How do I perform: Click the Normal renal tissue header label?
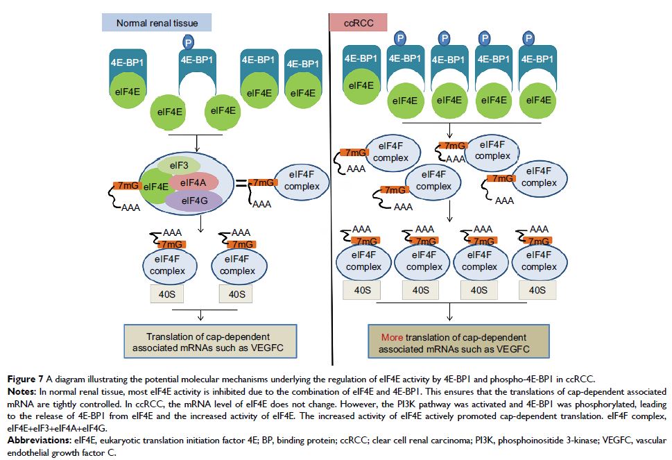click(x=157, y=23)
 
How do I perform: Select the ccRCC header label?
click(x=359, y=23)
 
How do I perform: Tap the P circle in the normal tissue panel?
click(x=188, y=42)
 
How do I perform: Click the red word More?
click(x=392, y=337)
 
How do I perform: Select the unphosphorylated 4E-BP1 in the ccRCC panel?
click(x=362, y=60)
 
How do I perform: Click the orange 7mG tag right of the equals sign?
click(x=264, y=182)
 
